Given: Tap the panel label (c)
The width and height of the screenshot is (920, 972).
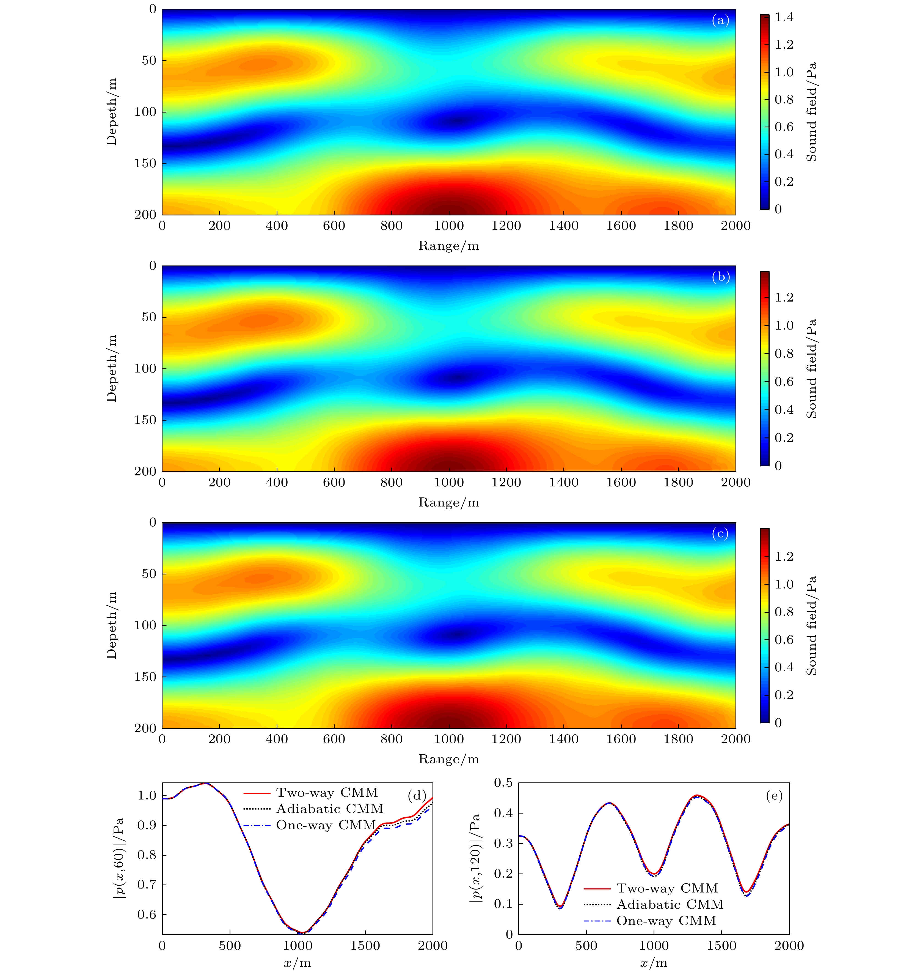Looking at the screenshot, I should [720, 533].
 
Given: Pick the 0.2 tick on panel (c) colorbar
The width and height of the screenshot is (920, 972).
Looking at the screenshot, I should [784, 695].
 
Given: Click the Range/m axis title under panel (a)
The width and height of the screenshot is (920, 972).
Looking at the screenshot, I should [448, 246].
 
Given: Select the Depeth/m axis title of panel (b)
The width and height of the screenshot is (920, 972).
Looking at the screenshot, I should [112, 368].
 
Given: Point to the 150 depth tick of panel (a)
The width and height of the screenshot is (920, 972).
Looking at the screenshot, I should [145, 163].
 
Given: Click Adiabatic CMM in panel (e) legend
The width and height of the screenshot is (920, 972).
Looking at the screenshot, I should [670, 904].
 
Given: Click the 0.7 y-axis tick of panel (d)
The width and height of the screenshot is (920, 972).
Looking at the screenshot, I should [147, 885].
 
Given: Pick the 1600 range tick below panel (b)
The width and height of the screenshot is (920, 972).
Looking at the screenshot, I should [621, 482].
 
